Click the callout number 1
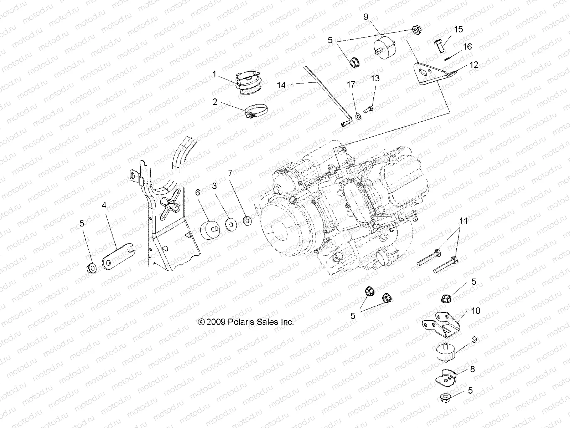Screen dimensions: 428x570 pos(214,74)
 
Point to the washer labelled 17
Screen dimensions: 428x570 pos(358,116)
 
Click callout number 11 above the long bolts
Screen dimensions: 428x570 pos(463,221)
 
